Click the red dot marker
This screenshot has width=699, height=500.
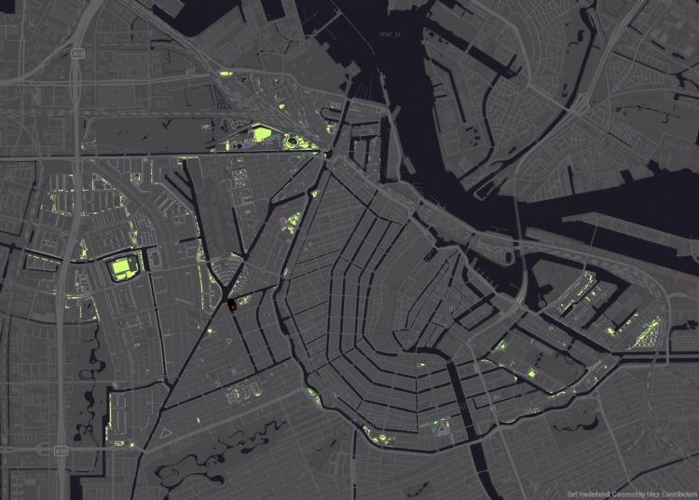pos(231,304)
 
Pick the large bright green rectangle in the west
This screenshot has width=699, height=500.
pos(121,268)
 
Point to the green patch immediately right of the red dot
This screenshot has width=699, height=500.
pos(241,301)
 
